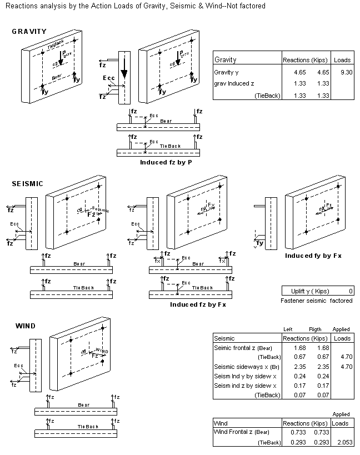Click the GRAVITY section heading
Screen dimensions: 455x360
coord(29,32)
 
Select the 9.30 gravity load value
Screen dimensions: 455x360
coord(342,72)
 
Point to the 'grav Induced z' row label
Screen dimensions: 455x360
coord(234,83)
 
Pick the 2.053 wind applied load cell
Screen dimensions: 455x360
coord(342,442)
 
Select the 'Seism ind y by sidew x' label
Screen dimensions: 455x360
coord(245,377)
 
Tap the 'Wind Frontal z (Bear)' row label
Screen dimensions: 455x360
coord(242,432)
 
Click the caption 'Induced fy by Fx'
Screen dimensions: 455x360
coord(313,256)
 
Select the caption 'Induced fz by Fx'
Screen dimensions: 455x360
coord(198,304)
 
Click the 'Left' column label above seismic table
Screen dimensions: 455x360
coord(288,329)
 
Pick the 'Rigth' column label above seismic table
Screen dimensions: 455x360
coord(314,329)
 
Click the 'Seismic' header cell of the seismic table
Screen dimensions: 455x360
coord(224,338)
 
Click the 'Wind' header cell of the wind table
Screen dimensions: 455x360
coord(221,423)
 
